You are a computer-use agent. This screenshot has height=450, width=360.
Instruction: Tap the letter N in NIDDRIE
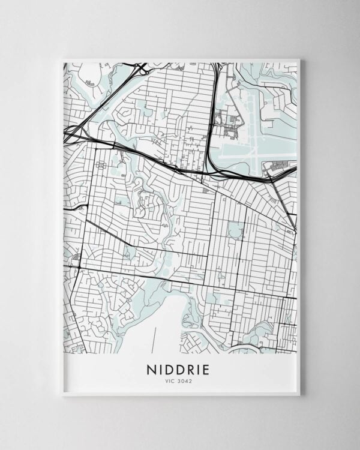point(150,369)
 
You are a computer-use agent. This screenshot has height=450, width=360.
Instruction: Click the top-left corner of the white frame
point(62,59)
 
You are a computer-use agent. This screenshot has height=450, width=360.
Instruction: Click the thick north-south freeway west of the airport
point(212,120)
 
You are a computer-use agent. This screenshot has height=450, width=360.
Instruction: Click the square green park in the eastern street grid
point(234,229)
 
